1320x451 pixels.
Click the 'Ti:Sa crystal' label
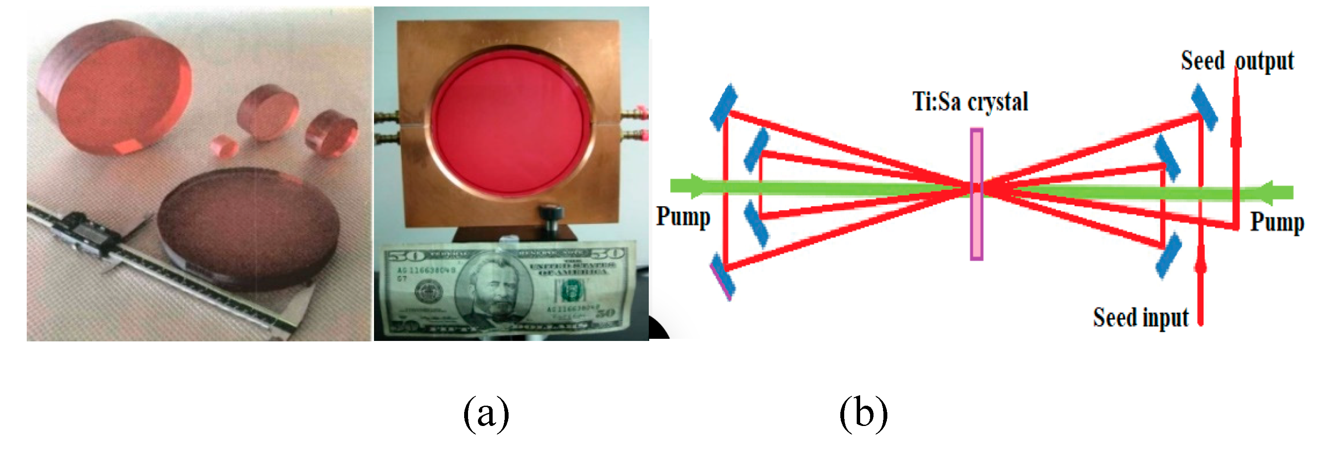(970, 101)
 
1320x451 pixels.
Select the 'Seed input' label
(1141, 317)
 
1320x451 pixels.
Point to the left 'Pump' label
(683, 216)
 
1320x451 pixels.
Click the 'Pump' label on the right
(1277, 222)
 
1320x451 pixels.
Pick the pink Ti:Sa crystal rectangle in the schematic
(976, 194)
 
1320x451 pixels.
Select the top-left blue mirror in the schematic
(723, 107)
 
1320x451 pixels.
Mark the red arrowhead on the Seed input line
(1201, 264)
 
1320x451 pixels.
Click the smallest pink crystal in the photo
(224, 145)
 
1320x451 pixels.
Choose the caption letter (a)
(486, 413)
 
